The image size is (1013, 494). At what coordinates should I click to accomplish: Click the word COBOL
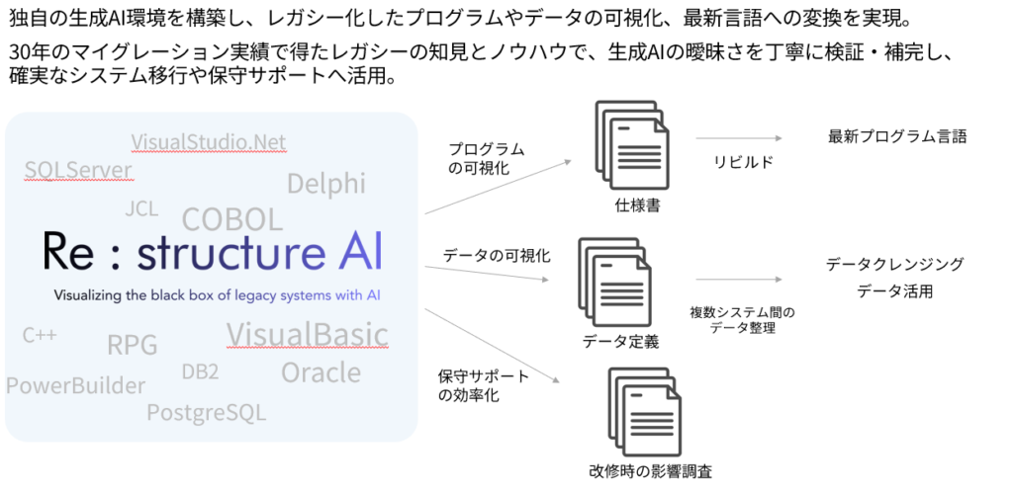[x=232, y=219]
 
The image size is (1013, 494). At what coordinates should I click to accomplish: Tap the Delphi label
[x=325, y=183]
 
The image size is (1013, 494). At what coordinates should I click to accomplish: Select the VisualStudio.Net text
[x=208, y=142]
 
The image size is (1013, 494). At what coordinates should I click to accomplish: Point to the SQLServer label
[x=78, y=170]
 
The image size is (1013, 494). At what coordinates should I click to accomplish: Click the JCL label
[x=141, y=208]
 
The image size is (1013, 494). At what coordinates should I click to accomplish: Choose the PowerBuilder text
[x=75, y=385]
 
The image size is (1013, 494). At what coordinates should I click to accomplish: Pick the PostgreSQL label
[x=206, y=412]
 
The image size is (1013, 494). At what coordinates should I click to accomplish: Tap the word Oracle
[x=321, y=372]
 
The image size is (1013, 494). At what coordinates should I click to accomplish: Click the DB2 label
[x=200, y=371]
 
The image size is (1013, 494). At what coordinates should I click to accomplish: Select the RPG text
[x=133, y=345]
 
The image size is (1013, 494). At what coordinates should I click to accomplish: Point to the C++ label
[x=40, y=336]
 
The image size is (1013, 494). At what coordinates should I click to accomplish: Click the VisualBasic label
[x=307, y=334]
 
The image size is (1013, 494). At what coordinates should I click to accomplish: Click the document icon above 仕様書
[x=629, y=145]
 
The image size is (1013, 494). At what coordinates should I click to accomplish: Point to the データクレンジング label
[x=894, y=265]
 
